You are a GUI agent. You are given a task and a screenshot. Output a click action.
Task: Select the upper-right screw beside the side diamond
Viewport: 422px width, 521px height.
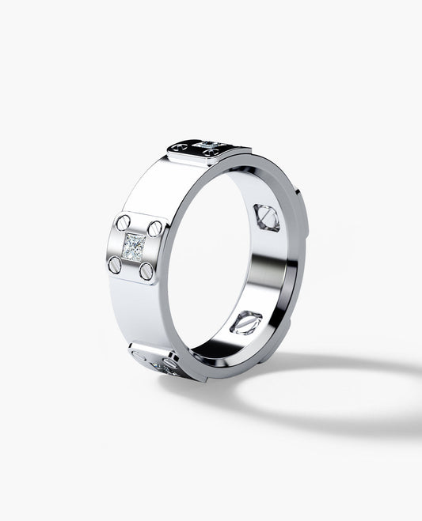[154, 228]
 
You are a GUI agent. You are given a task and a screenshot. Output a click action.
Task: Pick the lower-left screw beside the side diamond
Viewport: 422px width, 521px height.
[116, 263]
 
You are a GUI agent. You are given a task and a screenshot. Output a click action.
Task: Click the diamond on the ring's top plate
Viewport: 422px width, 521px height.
[211, 144]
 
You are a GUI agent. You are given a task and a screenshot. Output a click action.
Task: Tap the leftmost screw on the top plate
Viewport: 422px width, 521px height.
[182, 146]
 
